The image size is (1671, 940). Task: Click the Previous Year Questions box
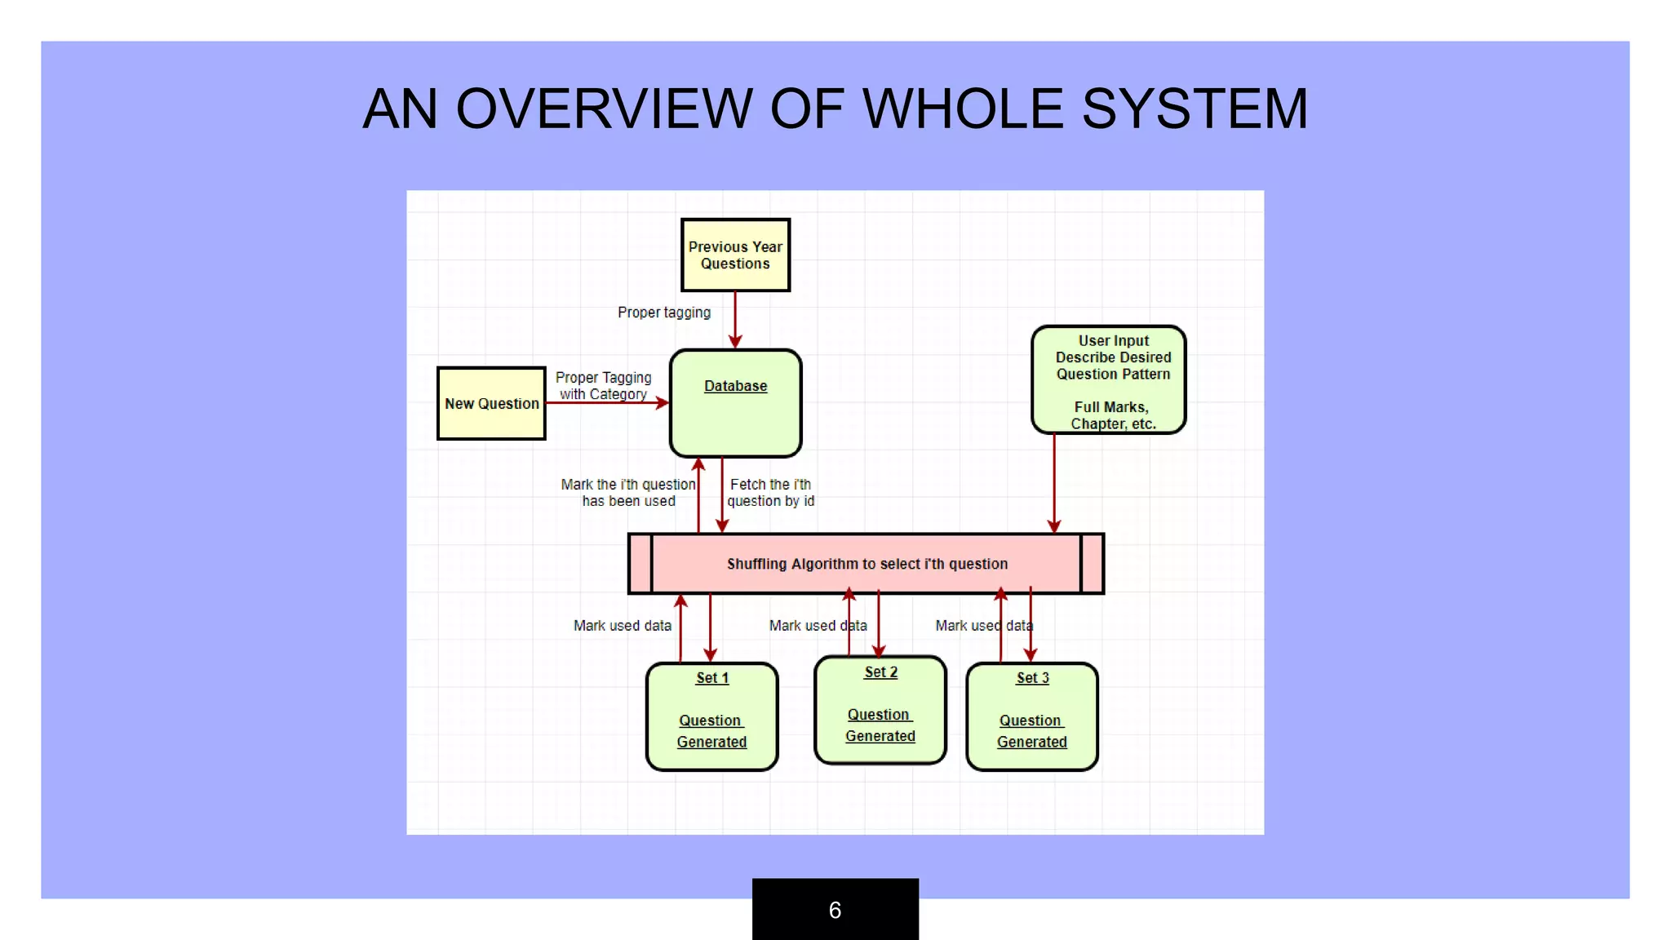point(735,255)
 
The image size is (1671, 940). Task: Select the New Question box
point(491,404)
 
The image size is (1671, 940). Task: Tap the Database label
point(735,386)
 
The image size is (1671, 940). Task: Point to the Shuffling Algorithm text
point(867,564)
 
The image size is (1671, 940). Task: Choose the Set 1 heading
point(711,678)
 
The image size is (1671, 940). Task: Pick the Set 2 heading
point(880,672)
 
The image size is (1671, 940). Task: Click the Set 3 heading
point(1032,678)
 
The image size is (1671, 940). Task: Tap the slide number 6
point(835,910)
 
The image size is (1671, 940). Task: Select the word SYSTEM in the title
point(1195,109)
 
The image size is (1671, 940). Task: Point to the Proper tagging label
point(663,313)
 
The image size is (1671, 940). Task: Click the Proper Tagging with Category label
point(603,386)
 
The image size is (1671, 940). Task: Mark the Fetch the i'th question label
point(770,493)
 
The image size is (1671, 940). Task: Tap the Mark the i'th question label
point(628,493)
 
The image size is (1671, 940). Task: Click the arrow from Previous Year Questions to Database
point(735,319)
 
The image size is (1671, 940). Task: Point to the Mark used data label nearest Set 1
point(622,626)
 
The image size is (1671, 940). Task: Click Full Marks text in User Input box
point(1110,407)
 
